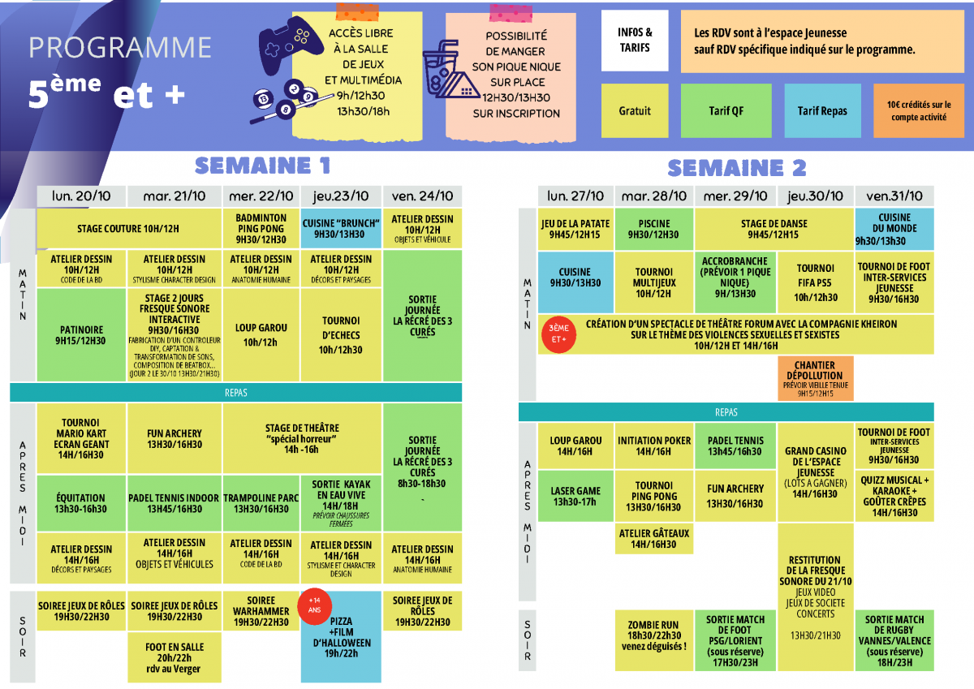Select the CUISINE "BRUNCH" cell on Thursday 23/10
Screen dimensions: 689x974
[x=341, y=228]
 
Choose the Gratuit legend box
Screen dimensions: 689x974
[x=635, y=111]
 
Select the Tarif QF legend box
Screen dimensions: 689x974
[x=726, y=111]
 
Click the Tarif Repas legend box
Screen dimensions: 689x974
[x=822, y=111]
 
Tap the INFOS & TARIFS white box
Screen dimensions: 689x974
[x=635, y=41]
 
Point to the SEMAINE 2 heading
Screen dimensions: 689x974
[x=736, y=168]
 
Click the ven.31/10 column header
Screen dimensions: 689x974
[x=894, y=196]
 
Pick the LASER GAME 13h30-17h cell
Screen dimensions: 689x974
[x=575, y=497]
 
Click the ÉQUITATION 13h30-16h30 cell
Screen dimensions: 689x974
[x=80, y=503]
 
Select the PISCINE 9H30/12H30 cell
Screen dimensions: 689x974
[x=654, y=230]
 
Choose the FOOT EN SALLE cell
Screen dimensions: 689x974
[x=175, y=657]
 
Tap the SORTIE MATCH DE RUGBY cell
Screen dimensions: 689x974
[x=894, y=641]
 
